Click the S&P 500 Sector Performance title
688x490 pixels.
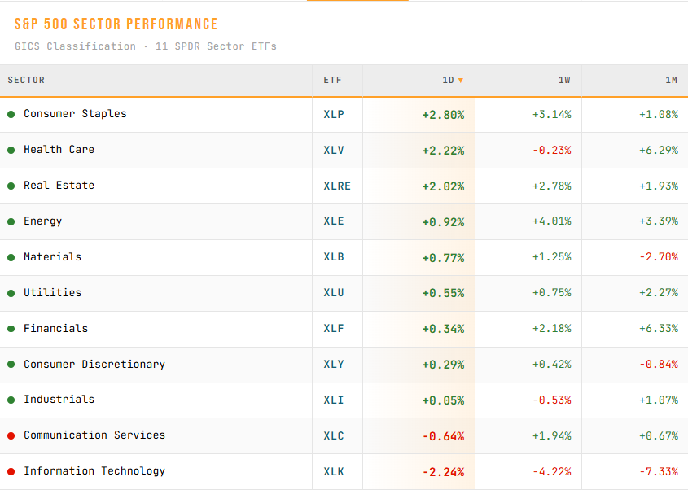point(116,24)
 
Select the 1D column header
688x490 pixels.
point(448,81)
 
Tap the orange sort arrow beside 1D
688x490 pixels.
point(461,81)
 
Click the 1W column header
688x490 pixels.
point(564,81)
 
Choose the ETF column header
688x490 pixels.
point(332,81)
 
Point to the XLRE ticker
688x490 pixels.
point(337,186)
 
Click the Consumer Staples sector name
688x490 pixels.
point(75,114)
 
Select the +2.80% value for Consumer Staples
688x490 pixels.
point(443,115)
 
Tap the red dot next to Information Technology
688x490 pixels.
point(11,471)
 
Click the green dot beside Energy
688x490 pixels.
point(11,221)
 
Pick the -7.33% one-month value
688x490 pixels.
point(659,471)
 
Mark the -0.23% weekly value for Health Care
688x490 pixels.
point(552,150)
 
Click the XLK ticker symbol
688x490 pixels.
point(334,471)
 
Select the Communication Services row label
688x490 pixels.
point(94,435)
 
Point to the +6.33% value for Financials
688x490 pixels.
point(659,329)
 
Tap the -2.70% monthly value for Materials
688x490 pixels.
point(659,256)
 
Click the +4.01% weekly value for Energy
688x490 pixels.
point(552,221)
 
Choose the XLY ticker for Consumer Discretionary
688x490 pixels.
point(334,365)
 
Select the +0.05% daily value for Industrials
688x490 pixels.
point(443,400)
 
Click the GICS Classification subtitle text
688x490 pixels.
point(75,46)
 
